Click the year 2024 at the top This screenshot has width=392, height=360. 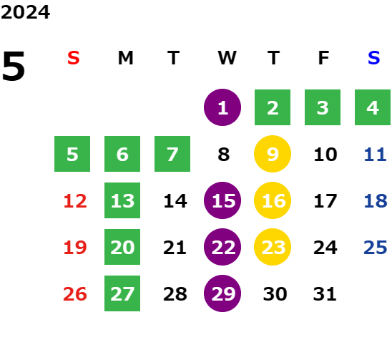coord(25,12)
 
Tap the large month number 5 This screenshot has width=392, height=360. coord(14,66)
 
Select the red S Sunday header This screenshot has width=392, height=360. coord(73,58)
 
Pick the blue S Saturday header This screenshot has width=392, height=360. coord(373,58)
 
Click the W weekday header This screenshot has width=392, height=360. coord(227,58)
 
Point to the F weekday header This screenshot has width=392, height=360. coord(323,58)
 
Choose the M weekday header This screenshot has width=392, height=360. coord(125,58)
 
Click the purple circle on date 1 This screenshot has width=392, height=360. coord(222,107)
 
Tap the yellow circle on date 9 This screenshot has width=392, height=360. coord(273,154)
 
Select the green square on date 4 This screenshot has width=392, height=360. coord(373,107)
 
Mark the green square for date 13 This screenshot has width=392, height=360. coord(122,200)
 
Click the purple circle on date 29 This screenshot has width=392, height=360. coord(222,293)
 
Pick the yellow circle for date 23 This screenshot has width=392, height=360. coord(273,247)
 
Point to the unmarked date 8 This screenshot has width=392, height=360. coord(223,155)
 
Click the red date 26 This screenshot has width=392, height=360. coord(75,294)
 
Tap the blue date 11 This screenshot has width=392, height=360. coord(376,155)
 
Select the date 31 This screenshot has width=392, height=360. coord(325,294)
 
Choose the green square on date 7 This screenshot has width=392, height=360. coord(172,154)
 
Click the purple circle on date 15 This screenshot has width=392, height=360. coord(222,200)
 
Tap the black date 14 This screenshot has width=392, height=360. coord(175,201)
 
